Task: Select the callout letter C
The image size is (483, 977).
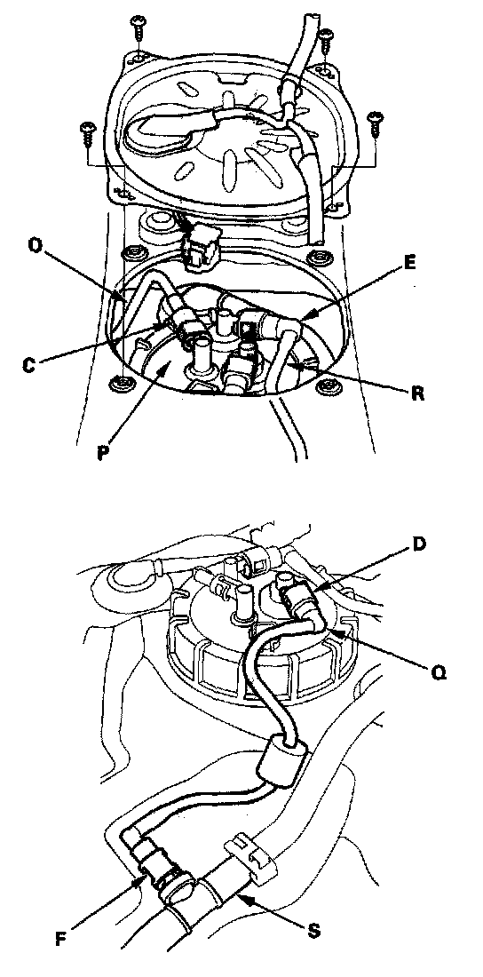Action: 28,365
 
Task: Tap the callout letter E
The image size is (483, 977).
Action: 408,262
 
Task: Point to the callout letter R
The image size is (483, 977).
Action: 418,393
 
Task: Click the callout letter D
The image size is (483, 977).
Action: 419,544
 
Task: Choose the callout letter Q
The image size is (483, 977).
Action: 439,673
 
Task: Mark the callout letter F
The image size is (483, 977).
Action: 60,941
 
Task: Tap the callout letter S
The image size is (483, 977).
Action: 315,931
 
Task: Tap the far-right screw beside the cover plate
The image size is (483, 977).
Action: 375,123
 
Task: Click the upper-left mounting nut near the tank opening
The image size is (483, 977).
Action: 131,254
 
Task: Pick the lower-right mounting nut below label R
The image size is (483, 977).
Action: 325,387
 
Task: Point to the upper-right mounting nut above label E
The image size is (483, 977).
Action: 320,257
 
